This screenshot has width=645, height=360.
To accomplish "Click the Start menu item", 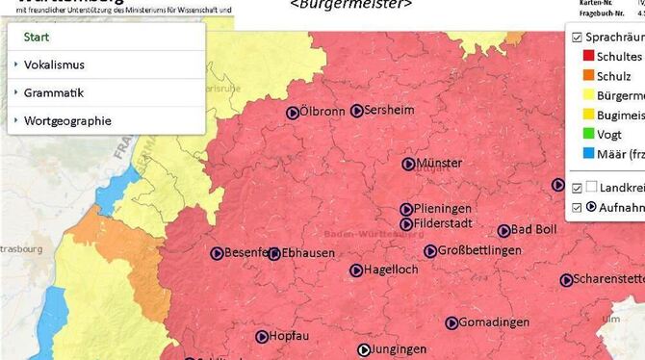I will pos(37,37).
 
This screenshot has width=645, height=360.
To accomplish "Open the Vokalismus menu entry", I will pos(54,64).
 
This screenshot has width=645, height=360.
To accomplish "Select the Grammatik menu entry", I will pos(54,93).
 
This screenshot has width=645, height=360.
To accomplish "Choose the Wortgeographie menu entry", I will pos(66,121).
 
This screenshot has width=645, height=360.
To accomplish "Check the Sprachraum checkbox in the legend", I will pos(576,38).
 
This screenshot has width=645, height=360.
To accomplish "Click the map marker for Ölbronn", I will pos(292,112).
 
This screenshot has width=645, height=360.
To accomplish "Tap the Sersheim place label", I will pos(389,111).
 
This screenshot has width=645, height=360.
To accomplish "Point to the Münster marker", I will pos(408,165).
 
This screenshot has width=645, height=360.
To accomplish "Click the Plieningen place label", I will pos(444,209).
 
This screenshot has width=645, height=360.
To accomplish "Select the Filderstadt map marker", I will pos(406,224).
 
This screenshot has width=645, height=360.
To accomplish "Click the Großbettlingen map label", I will pos(478,251).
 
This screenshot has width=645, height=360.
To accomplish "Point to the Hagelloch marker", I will pos(356,270).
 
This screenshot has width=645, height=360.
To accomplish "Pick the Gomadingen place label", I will pos(492,321).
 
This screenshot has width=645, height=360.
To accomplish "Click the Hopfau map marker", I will pos(262,337).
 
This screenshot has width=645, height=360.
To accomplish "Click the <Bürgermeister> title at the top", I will pos(350,5).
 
